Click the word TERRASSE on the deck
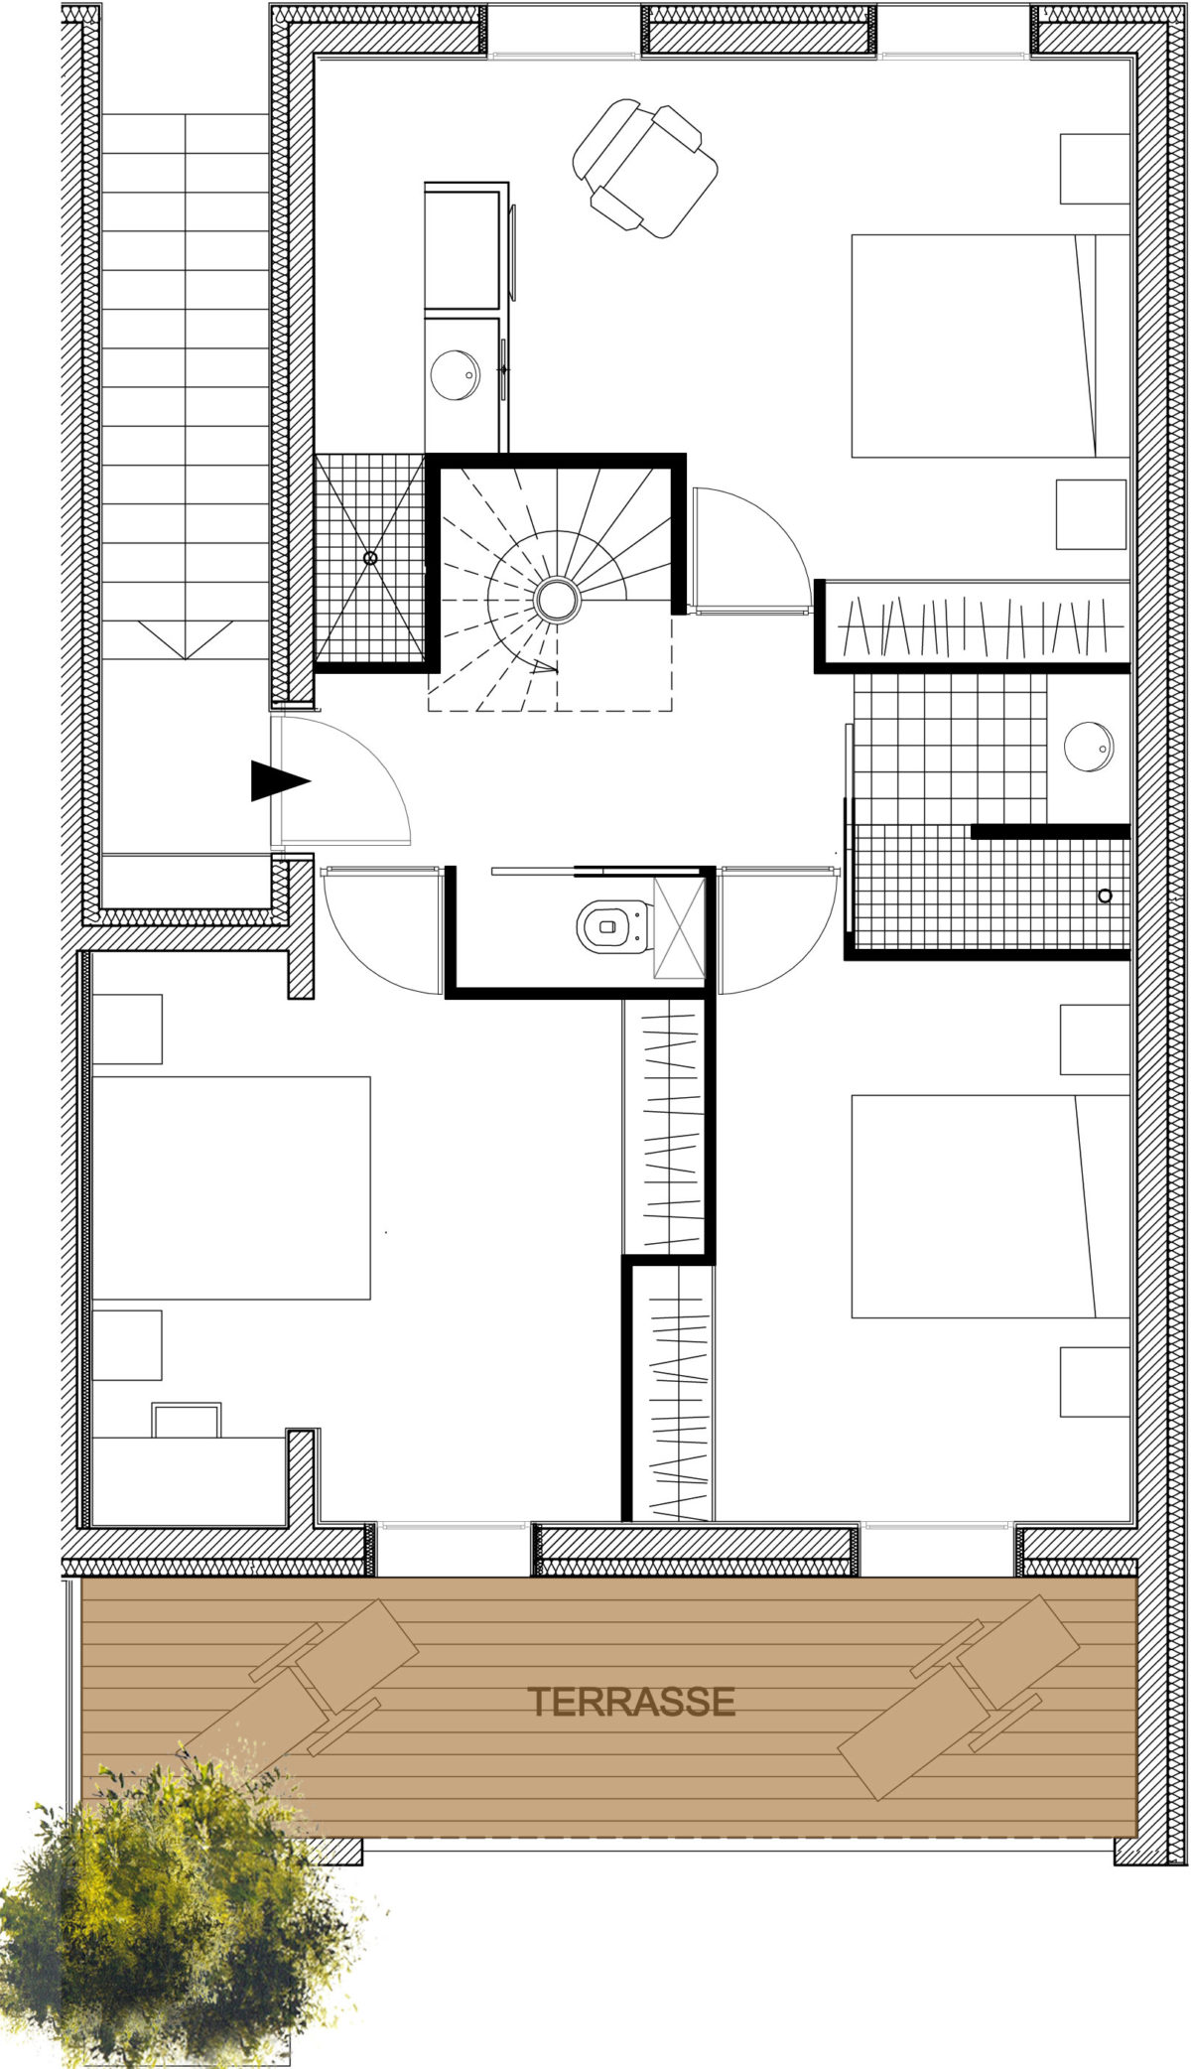(631, 1702)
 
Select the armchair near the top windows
(645, 168)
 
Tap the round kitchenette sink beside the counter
(456, 375)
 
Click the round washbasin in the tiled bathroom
(1089, 748)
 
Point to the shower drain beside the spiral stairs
(371, 558)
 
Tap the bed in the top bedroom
(991, 345)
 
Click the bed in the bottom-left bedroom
(230, 1187)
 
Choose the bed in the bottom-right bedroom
(991, 1206)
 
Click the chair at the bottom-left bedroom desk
(187, 1420)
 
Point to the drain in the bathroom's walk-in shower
(1105, 896)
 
